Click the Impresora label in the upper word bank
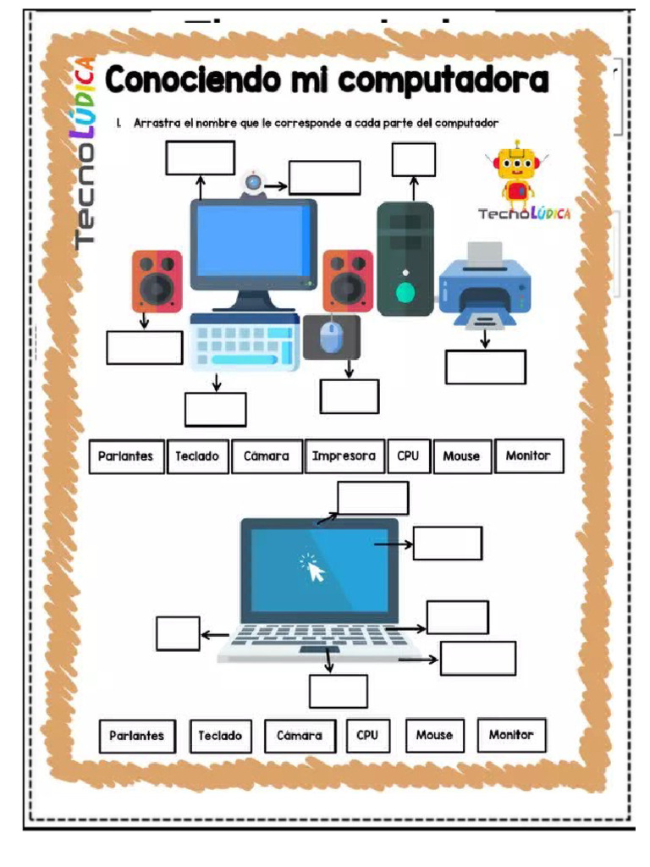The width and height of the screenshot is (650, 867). tap(344, 456)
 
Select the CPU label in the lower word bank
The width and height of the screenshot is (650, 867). tap(366, 735)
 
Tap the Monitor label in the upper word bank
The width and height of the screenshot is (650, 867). tap(528, 456)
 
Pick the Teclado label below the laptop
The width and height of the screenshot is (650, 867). tap(220, 736)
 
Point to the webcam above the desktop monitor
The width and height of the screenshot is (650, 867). tap(252, 182)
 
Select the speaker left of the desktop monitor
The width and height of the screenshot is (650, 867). tap(157, 281)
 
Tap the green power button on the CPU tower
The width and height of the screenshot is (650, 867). tap(406, 294)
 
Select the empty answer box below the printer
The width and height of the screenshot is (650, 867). tap(486, 367)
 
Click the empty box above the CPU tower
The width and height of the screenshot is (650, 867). tap(414, 159)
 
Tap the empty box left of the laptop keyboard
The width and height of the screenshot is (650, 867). tap(178, 633)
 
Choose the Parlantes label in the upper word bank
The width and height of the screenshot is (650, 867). tap(125, 456)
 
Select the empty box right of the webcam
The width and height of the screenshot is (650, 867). tap(324, 177)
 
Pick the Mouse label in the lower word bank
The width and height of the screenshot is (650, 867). tap(434, 735)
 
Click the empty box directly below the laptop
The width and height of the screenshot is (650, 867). tap(338, 691)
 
